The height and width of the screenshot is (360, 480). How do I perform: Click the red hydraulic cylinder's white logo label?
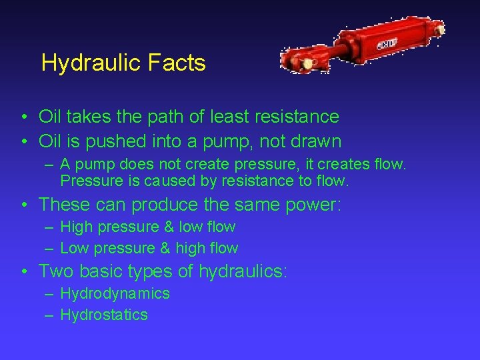point(387,44)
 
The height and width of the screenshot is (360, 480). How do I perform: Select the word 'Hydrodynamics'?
point(115,293)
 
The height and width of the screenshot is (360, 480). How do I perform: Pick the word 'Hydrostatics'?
point(104,315)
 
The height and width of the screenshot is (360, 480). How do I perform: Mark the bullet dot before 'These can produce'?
point(24,205)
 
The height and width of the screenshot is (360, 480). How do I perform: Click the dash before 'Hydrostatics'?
point(51,315)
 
